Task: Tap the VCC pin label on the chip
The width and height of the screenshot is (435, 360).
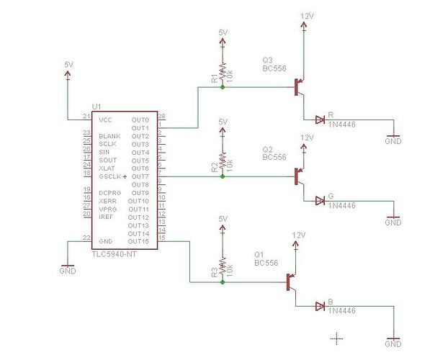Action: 106,119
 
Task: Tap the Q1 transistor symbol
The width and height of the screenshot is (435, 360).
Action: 292,282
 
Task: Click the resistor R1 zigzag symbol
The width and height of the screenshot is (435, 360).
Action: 223,73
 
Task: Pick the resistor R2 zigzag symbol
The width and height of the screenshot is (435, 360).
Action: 223,160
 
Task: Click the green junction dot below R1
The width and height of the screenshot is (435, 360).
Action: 223,88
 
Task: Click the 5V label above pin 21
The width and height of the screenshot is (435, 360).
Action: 68,64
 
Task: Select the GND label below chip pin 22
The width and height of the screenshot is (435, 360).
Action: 67,271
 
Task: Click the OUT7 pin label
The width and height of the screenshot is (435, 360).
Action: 140,176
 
